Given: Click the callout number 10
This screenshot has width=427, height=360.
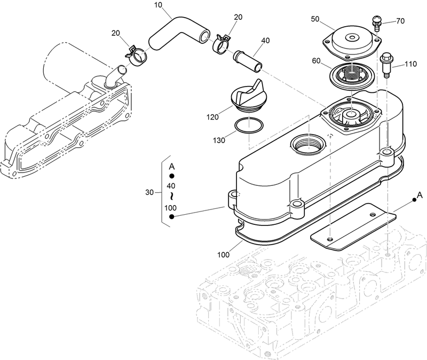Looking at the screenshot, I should [x=158, y=5].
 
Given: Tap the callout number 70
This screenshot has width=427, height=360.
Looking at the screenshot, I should [x=400, y=21].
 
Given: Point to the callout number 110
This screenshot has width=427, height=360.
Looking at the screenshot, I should [x=410, y=64].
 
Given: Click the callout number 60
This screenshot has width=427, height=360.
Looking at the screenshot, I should [x=315, y=61].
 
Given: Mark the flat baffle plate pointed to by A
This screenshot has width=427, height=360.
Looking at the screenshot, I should [x=354, y=226].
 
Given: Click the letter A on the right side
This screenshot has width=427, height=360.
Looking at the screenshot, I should [x=420, y=194].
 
